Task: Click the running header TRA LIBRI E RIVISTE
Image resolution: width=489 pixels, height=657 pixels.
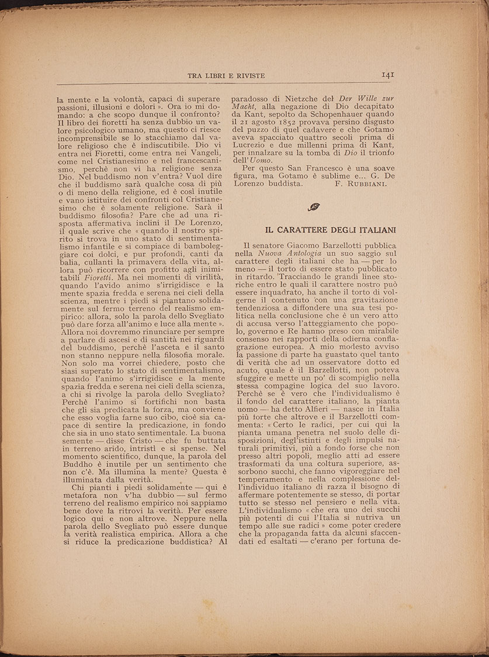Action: (x=226, y=75)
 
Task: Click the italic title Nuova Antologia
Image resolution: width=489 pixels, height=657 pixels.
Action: (x=288, y=255)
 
